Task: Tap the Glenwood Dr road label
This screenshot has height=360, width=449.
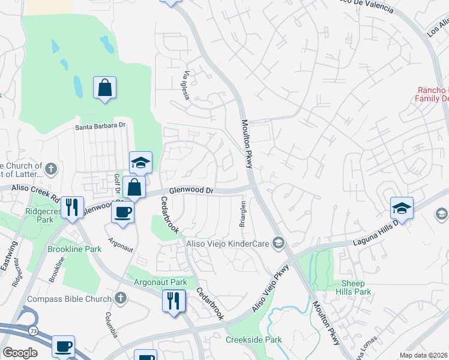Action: point(191,190)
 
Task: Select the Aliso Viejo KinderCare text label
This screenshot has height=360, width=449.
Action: point(226,243)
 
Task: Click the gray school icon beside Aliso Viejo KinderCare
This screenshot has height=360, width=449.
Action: point(279,243)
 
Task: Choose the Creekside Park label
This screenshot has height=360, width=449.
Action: point(254,340)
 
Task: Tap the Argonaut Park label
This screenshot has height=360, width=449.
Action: point(160,282)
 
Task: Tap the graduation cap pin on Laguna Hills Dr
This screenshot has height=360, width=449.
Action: point(402,208)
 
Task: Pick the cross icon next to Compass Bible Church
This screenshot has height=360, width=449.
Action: point(121,298)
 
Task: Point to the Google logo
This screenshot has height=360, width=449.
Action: point(20,352)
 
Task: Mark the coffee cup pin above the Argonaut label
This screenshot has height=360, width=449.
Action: point(122,212)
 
